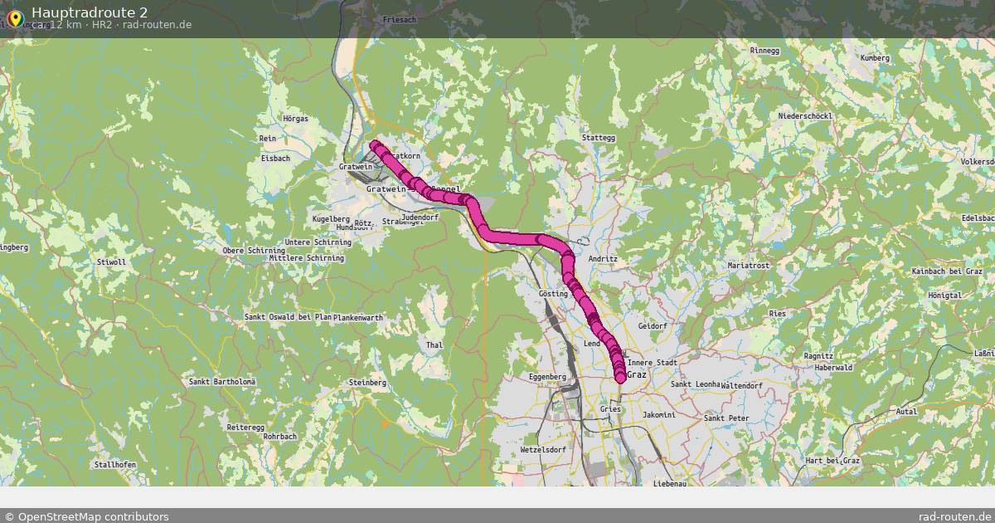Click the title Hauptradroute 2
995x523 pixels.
[x=90, y=12]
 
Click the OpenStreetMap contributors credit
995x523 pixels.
[x=86, y=516]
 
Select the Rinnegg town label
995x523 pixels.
[x=764, y=51]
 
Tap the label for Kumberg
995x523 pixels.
[x=875, y=58]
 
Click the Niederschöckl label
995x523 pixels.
[x=803, y=116]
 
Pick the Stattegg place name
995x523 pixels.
[x=599, y=138]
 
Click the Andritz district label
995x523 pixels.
[x=603, y=259]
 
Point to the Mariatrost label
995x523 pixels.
[x=749, y=265]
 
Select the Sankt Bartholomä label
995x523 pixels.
[x=223, y=382]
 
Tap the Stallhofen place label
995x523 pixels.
[x=115, y=465]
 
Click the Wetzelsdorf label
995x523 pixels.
[x=542, y=449]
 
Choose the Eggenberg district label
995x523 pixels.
[x=547, y=377]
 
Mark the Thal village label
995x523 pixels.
[x=434, y=345]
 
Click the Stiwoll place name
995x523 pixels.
[x=111, y=262]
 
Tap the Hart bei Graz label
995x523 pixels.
[x=833, y=460]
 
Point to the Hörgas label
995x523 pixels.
[x=295, y=119]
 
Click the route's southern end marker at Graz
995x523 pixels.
[x=621, y=379]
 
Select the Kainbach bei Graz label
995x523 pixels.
[x=947, y=271]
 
